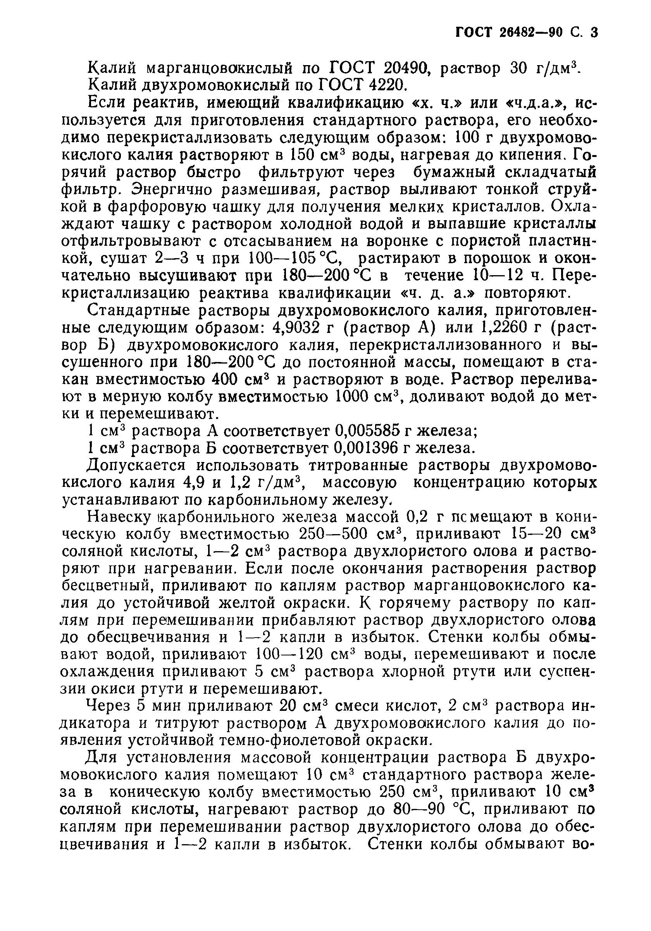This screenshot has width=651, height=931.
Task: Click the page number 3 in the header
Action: [x=594, y=32]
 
